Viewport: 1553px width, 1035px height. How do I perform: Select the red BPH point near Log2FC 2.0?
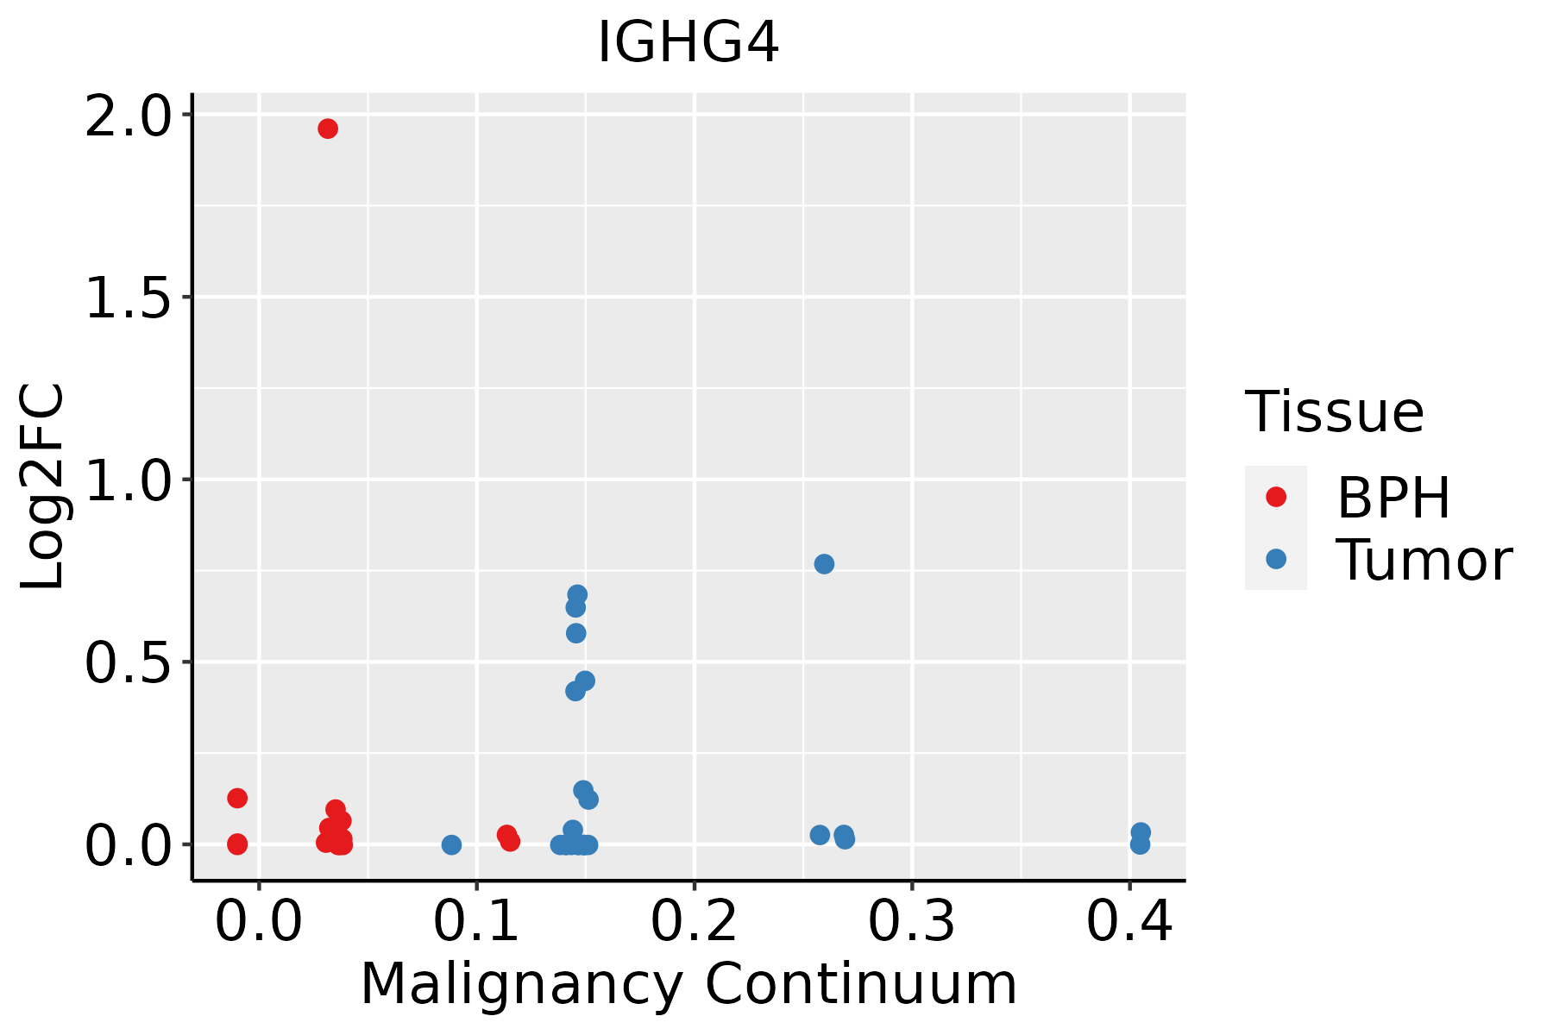328,129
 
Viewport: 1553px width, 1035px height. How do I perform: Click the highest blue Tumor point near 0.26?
824,564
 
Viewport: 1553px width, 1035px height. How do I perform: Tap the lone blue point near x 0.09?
451,844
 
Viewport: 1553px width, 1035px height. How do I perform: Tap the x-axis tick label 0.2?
694,921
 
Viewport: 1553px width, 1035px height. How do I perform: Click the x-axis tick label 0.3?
911,921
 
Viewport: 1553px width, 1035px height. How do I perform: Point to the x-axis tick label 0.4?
1129,921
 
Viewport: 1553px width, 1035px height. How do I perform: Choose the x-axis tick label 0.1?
476,921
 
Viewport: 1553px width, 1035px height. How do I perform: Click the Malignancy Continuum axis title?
688,984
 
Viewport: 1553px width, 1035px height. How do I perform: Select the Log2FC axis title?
43,486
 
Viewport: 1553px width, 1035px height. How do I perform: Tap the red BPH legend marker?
1276,497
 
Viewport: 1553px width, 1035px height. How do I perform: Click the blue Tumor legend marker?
1276,559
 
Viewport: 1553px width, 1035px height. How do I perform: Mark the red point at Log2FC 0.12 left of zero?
237,798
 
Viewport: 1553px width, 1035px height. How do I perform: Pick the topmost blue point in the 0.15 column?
577,594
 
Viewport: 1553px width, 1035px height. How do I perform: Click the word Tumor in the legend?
1424,561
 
